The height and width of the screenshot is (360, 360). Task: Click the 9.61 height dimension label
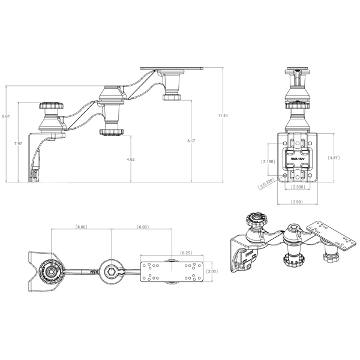(5, 116)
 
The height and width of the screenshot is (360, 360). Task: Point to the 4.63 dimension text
(130, 159)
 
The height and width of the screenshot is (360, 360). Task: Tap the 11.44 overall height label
(223, 115)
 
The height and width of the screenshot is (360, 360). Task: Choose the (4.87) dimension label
(334, 157)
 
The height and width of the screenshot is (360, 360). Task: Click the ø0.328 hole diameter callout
(266, 184)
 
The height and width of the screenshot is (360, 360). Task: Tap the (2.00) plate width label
(221, 271)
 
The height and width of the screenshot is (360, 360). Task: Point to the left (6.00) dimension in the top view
(82, 227)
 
